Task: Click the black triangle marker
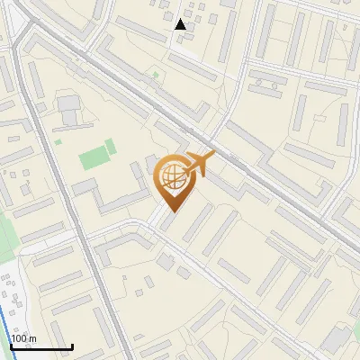tap(181, 24)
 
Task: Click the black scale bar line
tap(41, 346)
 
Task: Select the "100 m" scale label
tap(24, 338)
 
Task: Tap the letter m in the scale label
tap(33, 338)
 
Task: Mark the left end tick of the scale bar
tap(11, 345)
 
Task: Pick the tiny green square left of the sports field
tap(58, 141)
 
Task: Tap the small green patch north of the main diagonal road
tap(156, 75)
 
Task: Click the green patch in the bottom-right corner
tap(353, 333)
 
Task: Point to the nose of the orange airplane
tap(213, 155)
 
